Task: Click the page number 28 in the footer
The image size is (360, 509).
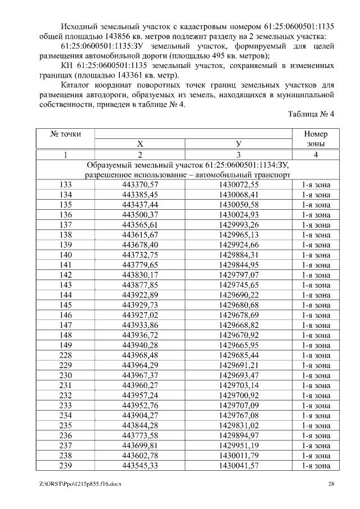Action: coord(331,484)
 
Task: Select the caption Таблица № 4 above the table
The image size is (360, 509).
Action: coord(311,114)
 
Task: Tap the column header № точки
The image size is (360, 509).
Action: coord(65,134)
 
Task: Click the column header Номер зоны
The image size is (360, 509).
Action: coord(316,139)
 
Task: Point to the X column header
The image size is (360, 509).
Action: coord(140,144)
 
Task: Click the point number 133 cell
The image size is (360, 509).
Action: coord(65,184)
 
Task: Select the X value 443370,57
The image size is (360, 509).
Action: coord(140,184)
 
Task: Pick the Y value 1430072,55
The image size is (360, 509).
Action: coord(238,184)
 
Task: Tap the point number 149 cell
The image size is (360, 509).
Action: coord(65,345)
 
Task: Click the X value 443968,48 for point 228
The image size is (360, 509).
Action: coord(140,355)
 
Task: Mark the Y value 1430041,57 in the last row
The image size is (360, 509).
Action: coord(238,466)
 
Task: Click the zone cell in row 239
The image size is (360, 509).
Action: coord(316,466)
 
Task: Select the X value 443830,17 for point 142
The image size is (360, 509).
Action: coord(140,274)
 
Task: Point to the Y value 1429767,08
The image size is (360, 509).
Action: coord(238,415)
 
